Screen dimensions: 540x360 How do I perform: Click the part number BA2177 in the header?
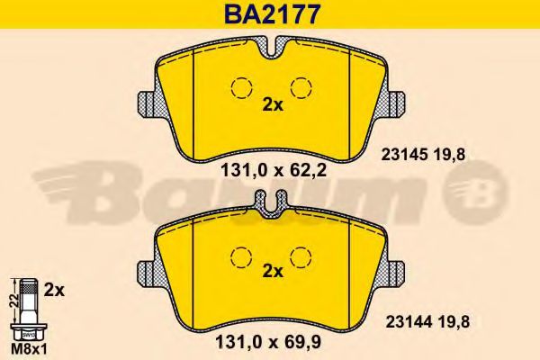[272, 14]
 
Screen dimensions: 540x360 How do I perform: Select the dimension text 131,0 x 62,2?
[273, 170]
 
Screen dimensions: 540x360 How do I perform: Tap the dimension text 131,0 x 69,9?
[268, 342]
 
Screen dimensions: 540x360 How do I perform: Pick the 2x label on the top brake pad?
[273, 105]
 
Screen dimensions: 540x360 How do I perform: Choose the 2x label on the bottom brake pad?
[273, 272]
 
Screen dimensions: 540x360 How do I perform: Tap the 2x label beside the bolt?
[54, 291]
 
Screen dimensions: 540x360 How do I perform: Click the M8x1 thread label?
[30, 350]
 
